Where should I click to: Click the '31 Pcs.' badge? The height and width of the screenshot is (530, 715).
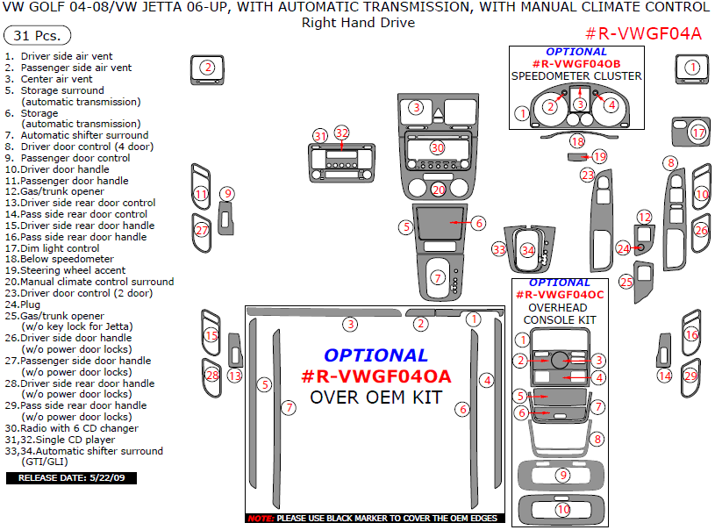pyautogui.click(x=37, y=36)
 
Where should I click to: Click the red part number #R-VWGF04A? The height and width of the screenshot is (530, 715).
pyautogui.click(x=643, y=34)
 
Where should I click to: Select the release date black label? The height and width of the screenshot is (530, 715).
pyautogui.click(x=71, y=478)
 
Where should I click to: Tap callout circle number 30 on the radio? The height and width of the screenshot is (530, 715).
pyautogui.click(x=437, y=147)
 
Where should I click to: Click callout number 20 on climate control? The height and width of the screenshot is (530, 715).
pyautogui.click(x=439, y=190)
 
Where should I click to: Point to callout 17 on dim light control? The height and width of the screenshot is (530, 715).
pyautogui.click(x=698, y=132)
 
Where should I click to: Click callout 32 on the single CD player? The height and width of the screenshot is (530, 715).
pyautogui.click(x=341, y=133)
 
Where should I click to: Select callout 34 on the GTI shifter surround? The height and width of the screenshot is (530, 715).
pyautogui.click(x=527, y=250)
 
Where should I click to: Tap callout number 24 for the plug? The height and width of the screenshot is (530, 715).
pyautogui.click(x=623, y=248)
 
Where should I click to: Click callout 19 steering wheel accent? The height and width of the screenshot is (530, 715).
pyautogui.click(x=599, y=156)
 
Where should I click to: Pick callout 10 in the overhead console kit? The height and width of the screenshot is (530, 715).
pyautogui.click(x=563, y=509)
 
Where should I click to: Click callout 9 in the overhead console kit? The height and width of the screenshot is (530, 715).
pyautogui.click(x=563, y=475)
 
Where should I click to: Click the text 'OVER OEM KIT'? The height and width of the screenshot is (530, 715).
pyautogui.click(x=375, y=397)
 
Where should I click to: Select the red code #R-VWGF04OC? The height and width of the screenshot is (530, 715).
pyautogui.click(x=559, y=295)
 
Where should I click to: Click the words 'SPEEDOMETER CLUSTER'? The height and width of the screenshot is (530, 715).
pyautogui.click(x=576, y=76)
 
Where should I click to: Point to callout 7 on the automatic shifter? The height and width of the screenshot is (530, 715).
pyautogui.click(x=438, y=277)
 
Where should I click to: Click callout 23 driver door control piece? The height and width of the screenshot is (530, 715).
pyautogui.click(x=588, y=175)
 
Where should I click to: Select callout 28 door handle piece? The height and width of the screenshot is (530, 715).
pyautogui.click(x=211, y=375)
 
